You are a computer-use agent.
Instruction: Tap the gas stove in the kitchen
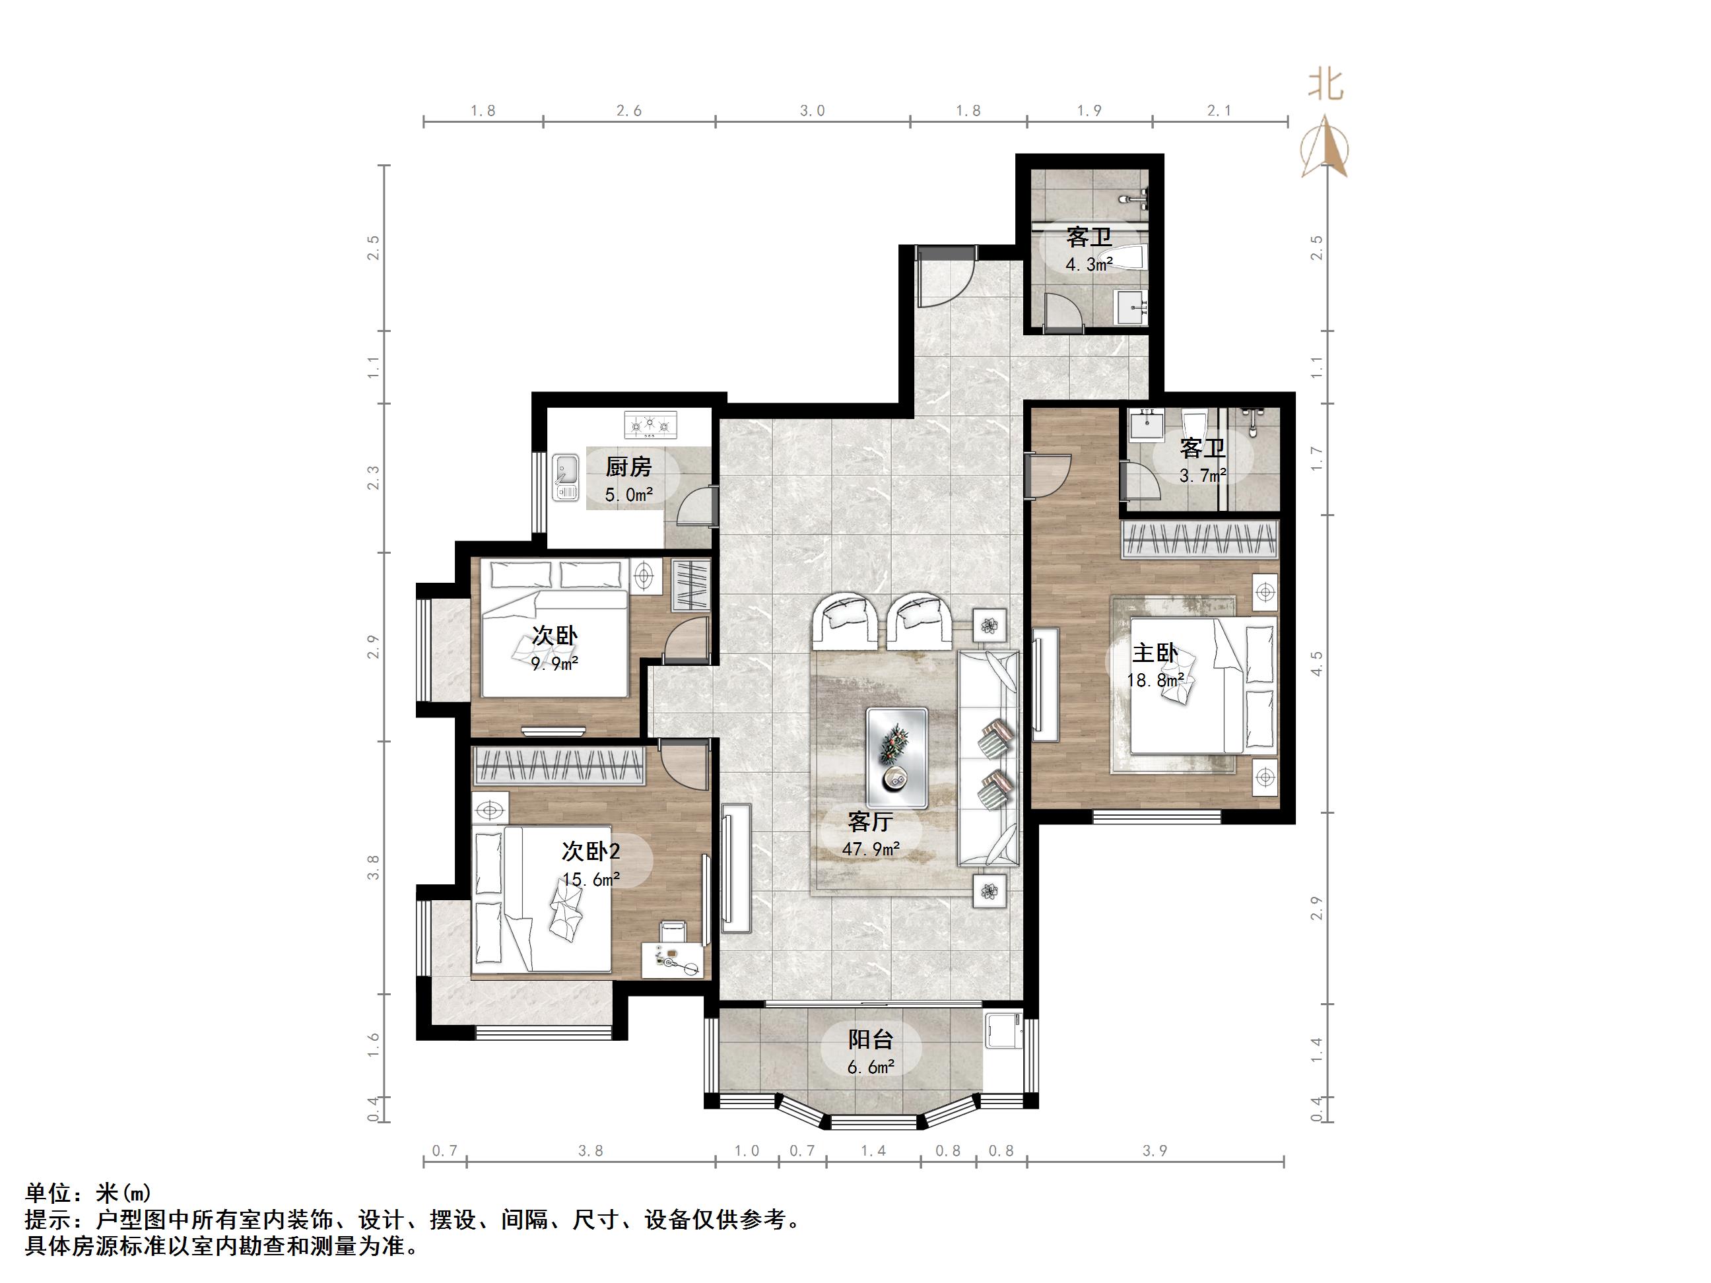click(x=650, y=424)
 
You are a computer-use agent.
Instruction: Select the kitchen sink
click(x=566, y=477)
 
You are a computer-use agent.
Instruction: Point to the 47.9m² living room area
click(x=870, y=849)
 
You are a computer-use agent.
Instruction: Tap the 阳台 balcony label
click(x=870, y=1039)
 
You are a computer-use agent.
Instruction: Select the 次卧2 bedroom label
click(x=590, y=851)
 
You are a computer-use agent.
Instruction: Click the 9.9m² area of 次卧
click(x=554, y=663)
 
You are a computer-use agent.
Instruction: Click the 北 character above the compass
click(x=1325, y=85)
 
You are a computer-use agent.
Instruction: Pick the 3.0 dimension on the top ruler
click(x=811, y=111)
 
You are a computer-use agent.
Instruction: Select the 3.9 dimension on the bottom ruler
click(x=1154, y=1151)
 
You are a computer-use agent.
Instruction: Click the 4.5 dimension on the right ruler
click(x=1316, y=663)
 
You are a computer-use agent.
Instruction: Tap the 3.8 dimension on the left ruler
click(x=374, y=867)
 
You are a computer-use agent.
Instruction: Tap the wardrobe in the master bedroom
click(x=1199, y=539)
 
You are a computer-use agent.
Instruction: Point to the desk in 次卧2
click(x=673, y=959)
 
